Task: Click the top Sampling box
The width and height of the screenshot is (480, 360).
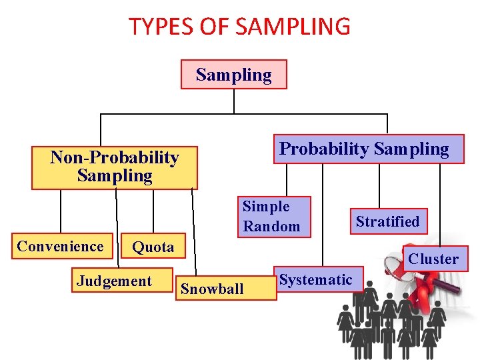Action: (x=234, y=75)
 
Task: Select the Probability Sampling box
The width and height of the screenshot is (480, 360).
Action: (x=364, y=149)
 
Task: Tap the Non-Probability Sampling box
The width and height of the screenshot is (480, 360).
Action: (x=115, y=167)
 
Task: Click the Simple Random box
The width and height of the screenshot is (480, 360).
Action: (x=271, y=217)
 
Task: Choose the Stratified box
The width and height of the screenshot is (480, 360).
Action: (x=387, y=221)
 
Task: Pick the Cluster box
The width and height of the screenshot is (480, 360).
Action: (x=433, y=259)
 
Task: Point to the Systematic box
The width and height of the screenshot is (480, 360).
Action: (x=315, y=280)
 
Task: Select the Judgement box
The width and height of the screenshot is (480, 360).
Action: (x=115, y=281)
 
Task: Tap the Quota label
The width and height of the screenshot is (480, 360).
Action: (x=153, y=247)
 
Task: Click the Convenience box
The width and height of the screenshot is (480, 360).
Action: (x=61, y=246)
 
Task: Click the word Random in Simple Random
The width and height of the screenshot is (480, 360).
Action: (x=271, y=226)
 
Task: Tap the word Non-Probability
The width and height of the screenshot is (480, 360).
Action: (x=115, y=158)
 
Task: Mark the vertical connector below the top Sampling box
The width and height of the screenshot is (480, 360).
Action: (x=234, y=101)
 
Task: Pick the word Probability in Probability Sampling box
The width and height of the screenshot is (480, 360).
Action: (x=324, y=149)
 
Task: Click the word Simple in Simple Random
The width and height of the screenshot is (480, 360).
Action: (x=266, y=207)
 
